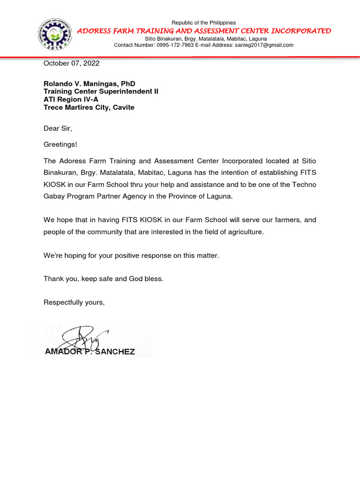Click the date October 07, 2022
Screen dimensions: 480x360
pyautogui.click(x=71, y=63)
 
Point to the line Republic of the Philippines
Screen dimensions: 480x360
pyautogui.click(x=203, y=23)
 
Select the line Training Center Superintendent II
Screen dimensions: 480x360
pyautogui.click(x=101, y=91)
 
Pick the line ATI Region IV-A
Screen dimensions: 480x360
pyautogui.click(x=71, y=99)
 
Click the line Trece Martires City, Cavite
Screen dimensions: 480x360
pyautogui.click(x=89, y=107)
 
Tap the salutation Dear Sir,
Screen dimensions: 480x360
pyautogui.click(x=58, y=128)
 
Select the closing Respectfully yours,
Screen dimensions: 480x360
pyautogui.click(x=74, y=302)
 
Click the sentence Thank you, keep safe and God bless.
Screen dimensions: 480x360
pyautogui.click(x=104, y=278)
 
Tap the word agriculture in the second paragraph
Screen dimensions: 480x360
pyautogui.click(x=238, y=232)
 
